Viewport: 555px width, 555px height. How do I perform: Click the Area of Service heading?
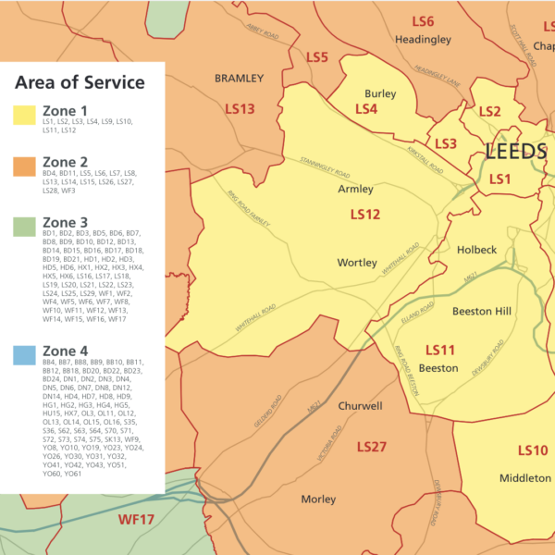(x=80, y=82)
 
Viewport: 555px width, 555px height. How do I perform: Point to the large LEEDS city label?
(x=516, y=152)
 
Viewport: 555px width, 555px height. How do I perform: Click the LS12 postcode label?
(x=364, y=215)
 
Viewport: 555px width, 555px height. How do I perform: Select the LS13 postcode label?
(x=240, y=108)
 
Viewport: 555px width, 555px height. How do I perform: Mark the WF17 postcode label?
(x=136, y=520)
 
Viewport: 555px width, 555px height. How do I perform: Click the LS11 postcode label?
(x=439, y=350)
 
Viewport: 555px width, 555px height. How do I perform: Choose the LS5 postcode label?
(x=316, y=57)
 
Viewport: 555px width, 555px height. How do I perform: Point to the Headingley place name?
(x=422, y=40)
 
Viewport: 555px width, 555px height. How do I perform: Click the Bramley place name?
(x=240, y=79)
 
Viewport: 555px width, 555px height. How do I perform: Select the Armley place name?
(x=355, y=189)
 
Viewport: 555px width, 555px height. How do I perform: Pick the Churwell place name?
(x=360, y=406)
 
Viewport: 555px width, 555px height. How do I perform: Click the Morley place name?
(x=318, y=499)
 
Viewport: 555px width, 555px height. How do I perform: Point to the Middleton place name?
(x=525, y=478)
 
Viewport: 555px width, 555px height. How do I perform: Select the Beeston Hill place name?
(x=482, y=312)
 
